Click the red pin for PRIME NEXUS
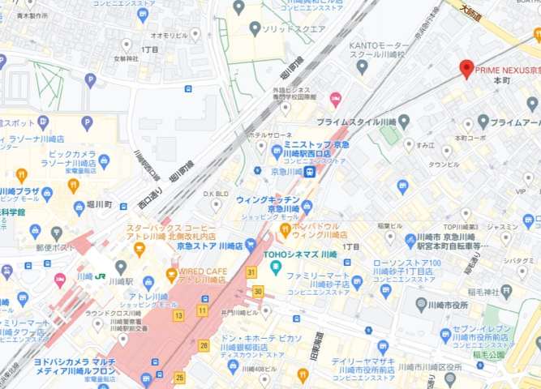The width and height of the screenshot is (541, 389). pos(466,68)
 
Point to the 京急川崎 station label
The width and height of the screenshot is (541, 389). pos(286,172)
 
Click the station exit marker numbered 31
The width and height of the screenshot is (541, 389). pos(252,272)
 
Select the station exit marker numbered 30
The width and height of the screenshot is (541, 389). pos(258,291)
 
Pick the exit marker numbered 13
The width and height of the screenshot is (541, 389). pos(178,315)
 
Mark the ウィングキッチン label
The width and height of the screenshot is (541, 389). pos(268,199)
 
